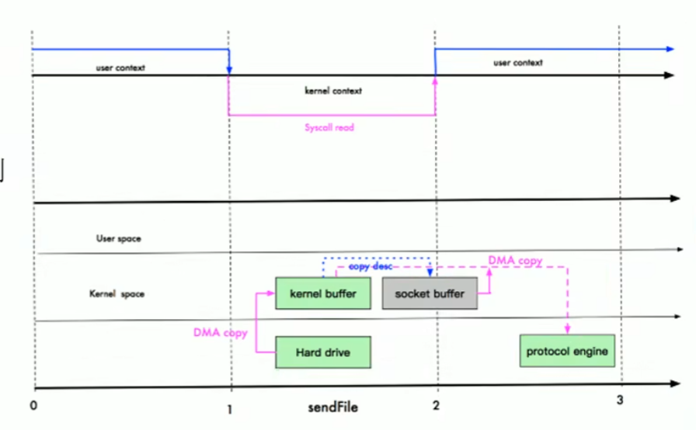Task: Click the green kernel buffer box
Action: coord(322,294)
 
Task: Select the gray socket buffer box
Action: coord(430,294)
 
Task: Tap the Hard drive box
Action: coord(322,352)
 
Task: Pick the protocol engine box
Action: coord(567,352)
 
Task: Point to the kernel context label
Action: coord(333,91)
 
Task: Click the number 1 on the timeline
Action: coord(230,406)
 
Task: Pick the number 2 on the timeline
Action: coord(436,405)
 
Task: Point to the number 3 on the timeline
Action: coord(619,401)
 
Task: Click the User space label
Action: coord(118,239)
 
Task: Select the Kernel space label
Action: coord(117,294)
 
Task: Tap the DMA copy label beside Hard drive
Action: coord(221,333)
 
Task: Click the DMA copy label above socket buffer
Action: coord(515,261)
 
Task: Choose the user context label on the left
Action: coord(120,68)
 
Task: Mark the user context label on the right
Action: coord(517,62)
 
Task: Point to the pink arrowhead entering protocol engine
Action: coord(568,330)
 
